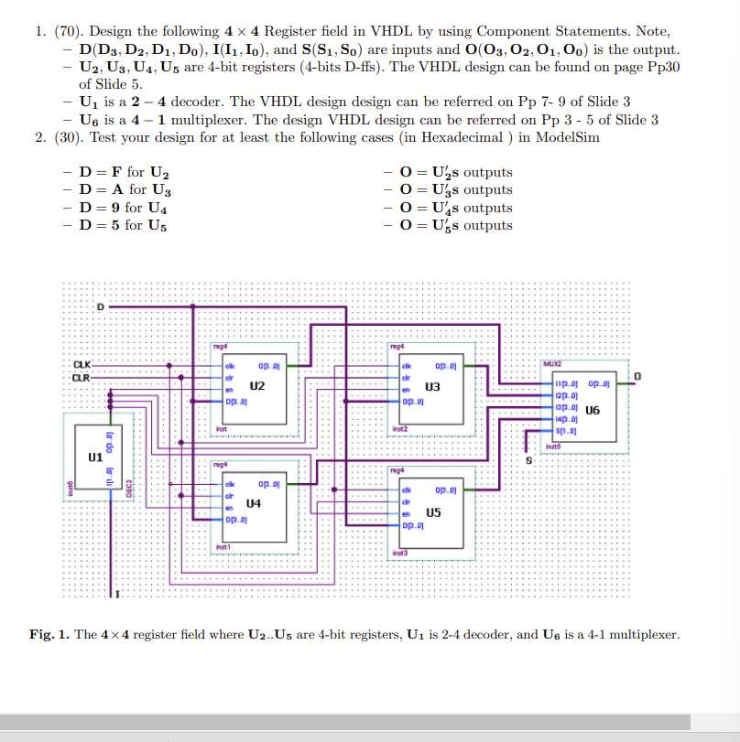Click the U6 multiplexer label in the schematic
click(593, 411)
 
